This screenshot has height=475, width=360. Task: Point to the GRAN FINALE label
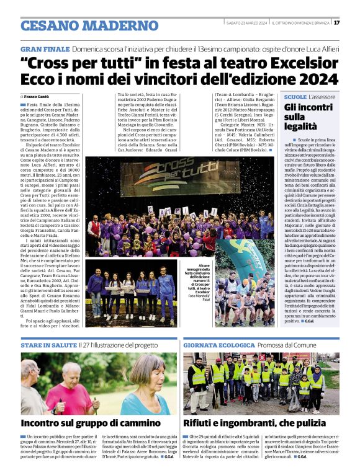44,48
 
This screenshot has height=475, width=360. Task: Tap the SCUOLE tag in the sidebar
295,97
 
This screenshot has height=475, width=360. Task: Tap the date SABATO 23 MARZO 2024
246,23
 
